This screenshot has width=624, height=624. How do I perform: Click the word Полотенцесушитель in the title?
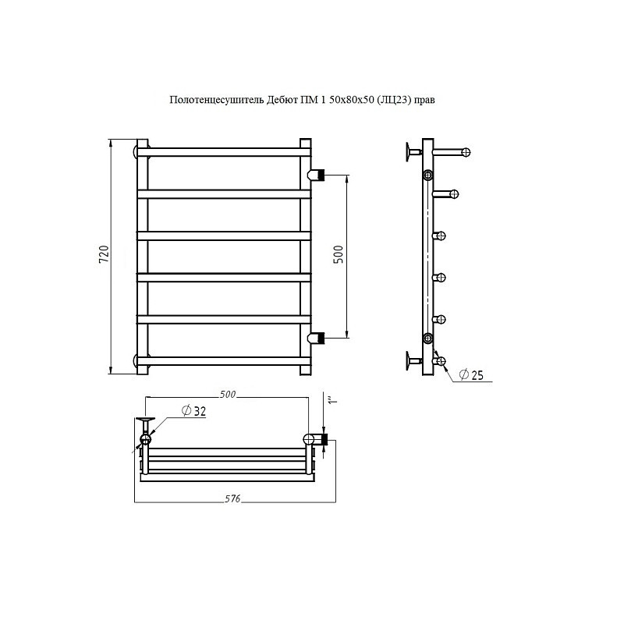point(217,100)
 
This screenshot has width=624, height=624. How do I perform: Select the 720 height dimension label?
point(104,254)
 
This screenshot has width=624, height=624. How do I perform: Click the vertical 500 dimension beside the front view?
point(339,254)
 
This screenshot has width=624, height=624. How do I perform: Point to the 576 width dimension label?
point(232,498)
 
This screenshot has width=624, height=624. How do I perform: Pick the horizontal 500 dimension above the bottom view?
point(228,395)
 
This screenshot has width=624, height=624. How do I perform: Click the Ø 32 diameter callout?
point(193,411)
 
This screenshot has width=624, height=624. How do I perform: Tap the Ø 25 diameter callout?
point(471,375)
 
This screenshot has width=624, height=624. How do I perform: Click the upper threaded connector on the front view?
point(317,174)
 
